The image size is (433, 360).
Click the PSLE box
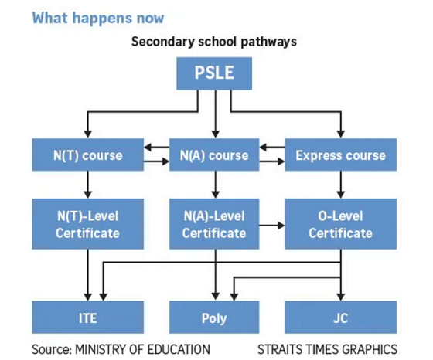coord(214,73)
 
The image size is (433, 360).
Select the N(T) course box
coord(88,155)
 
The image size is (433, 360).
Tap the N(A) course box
coord(214,155)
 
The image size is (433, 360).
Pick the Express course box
coord(340,155)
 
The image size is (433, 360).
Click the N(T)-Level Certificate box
coord(88,224)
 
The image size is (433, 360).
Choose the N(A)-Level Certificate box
coord(214,224)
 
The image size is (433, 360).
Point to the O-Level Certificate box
coord(340,224)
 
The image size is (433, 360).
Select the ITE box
coord(88,318)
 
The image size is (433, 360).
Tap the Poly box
coord(214,318)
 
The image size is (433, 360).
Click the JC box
coord(340,318)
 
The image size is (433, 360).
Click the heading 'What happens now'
coord(98,19)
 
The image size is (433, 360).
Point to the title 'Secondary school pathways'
coord(214,42)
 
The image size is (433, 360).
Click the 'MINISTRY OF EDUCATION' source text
coord(142,349)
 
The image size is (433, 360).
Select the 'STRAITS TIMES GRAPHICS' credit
coord(328,349)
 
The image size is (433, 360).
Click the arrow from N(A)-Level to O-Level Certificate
coord(272,226)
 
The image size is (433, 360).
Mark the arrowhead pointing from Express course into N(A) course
coord(263,148)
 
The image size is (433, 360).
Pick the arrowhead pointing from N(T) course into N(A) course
coord(165,161)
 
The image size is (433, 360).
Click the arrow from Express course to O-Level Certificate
coord(340,185)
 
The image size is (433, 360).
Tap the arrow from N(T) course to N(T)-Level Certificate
coord(88,185)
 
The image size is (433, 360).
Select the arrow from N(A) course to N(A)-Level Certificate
coord(216,185)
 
